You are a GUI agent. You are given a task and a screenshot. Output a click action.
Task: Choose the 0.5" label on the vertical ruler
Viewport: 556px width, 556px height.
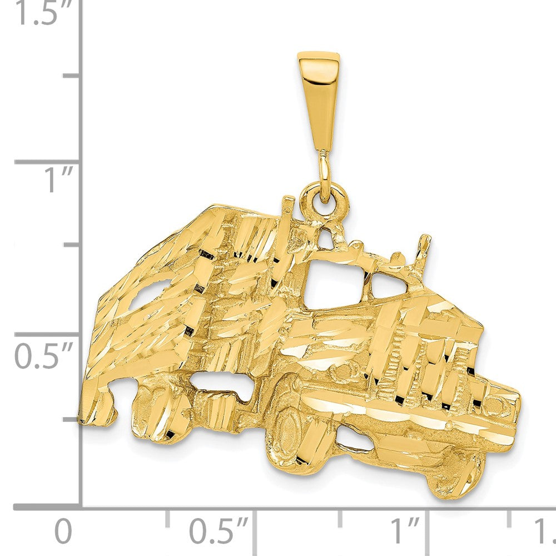point(43,356)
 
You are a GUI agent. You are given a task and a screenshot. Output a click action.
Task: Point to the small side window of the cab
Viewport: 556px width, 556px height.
point(387,285)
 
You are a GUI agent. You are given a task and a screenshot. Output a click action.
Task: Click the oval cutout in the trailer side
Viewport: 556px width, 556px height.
point(146,292)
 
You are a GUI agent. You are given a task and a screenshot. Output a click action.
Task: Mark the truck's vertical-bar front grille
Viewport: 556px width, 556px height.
point(428,367)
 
